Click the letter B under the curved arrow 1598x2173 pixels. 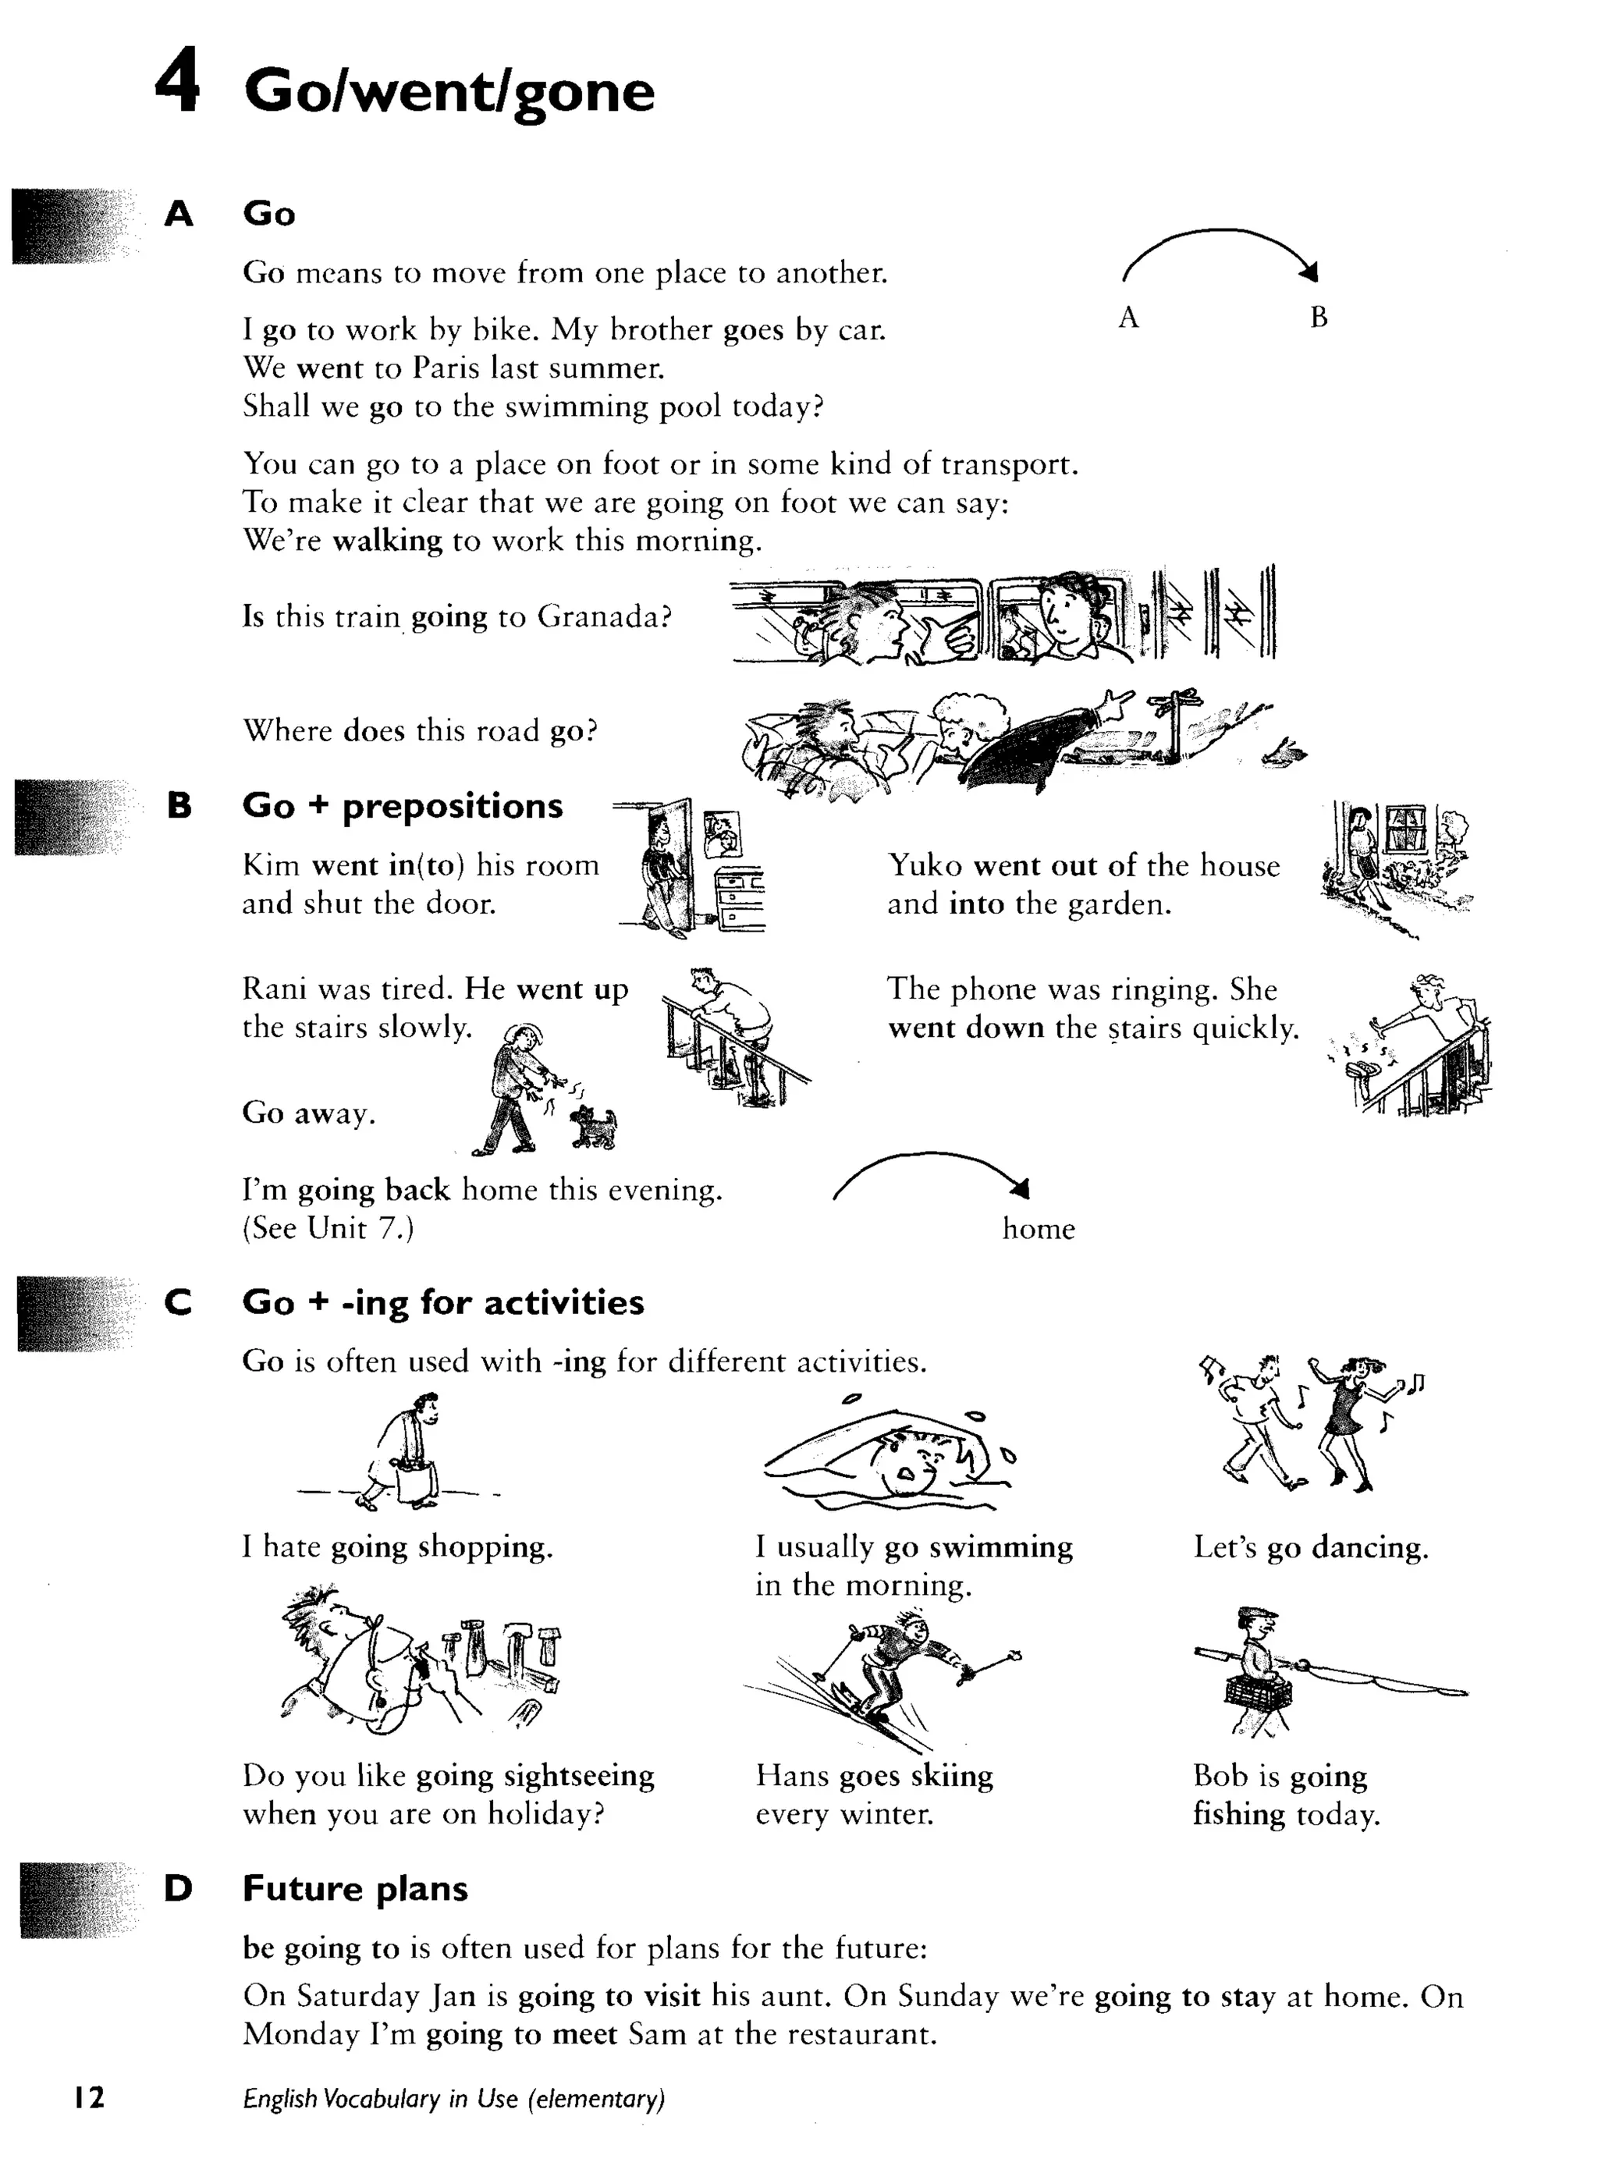(1319, 318)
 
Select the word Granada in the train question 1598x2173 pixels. (604, 616)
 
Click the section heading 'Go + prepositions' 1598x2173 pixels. (403, 805)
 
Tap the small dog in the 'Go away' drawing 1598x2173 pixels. (593, 1127)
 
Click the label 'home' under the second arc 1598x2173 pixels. (1038, 1229)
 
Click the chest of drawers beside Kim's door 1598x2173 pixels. (740, 897)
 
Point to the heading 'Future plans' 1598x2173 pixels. (355, 1887)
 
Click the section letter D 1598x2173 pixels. (178, 1887)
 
